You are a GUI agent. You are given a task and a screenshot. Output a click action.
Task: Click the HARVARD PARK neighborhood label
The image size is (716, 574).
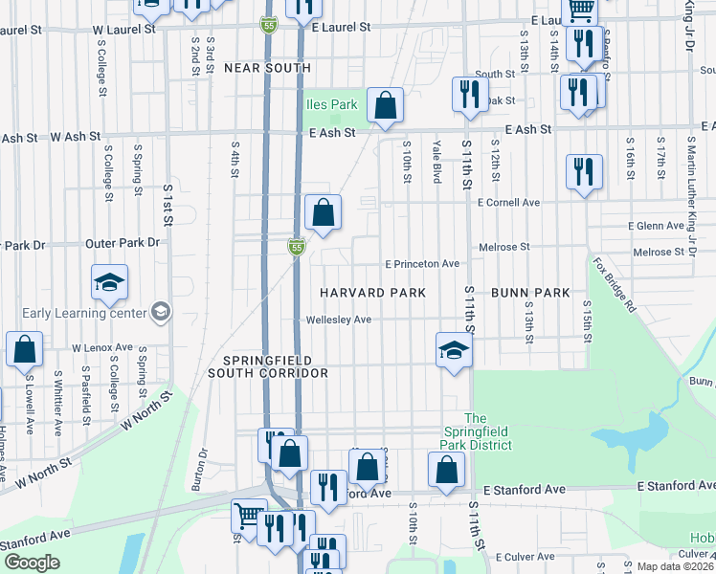(x=371, y=292)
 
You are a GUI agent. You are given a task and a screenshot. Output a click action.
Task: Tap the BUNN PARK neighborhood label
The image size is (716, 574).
(x=531, y=292)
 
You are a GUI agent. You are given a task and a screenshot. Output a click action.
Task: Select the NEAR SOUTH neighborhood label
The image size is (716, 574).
(x=267, y=68)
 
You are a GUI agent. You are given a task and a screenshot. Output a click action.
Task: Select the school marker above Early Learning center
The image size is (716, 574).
(x=110, y=281)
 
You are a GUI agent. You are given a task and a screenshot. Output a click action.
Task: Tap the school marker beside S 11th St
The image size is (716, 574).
(x=454, y=349)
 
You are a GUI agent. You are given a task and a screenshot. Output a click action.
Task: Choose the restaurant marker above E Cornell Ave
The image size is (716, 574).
(x=584, y=171)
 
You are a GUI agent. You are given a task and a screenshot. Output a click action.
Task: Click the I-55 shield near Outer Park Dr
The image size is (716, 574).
(x=296, y=248)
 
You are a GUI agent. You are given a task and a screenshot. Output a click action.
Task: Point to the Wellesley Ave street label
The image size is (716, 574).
(x=338, y=320)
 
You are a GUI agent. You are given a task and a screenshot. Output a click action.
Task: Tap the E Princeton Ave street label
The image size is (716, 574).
(x=422, y=264)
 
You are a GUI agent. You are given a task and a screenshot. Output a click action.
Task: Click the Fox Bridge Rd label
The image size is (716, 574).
(x=613, y=284)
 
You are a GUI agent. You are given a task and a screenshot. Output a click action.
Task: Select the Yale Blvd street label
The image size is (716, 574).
(x=436, y=158)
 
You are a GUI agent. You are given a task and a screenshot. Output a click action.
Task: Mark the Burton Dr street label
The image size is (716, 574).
(x=203, y=466)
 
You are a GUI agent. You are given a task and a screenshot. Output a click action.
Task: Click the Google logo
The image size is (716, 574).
(x=32, y=562)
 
